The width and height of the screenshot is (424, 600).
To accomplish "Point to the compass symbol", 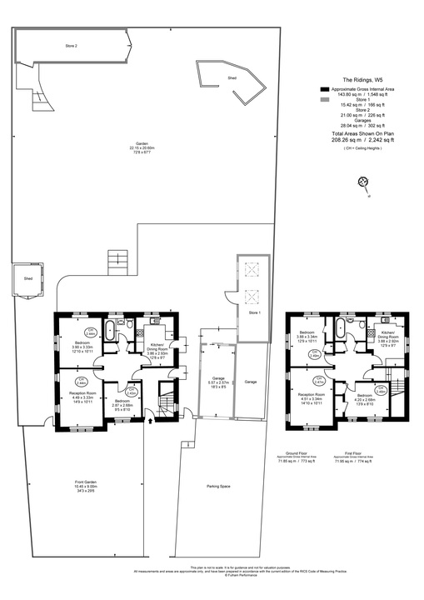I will pyautogui.click(x=362, y=182).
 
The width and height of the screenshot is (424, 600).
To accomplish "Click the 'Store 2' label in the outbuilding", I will pyautogui.click(x=72, y=45).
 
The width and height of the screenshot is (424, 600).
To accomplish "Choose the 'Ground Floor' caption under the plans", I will pyautogui.click(x=299, y=454).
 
